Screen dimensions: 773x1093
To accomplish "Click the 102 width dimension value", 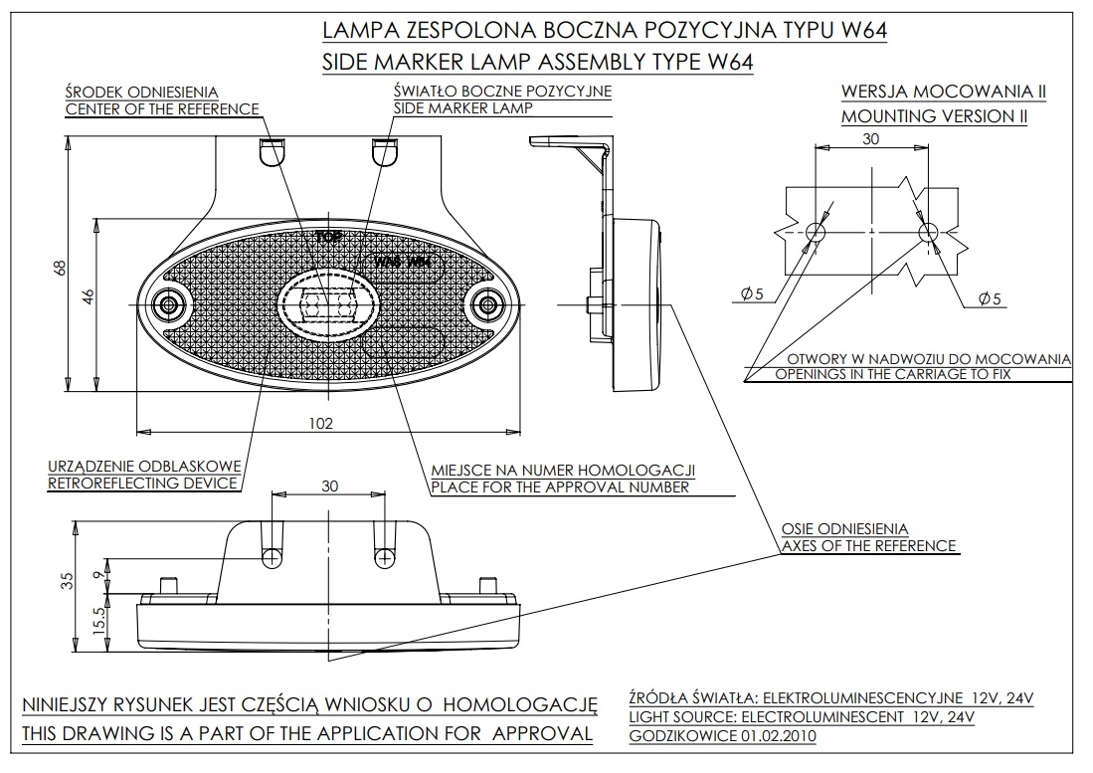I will (x=319, y=423).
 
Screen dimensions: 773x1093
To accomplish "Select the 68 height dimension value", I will (x=60, y=268).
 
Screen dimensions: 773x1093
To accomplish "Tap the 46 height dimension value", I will (x=87, y=296).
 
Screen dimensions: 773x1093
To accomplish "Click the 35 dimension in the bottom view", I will (x=68, y=581).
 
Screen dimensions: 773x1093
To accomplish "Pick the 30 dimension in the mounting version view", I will (x=870, y=139).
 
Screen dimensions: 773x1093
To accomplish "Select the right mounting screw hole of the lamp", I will (x=487, y=303).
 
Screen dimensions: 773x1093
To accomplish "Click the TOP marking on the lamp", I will (x=328, y=237).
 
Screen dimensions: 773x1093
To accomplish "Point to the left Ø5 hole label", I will (x=752, y=293).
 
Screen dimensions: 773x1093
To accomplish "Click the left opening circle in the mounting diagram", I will (x=816, y=232).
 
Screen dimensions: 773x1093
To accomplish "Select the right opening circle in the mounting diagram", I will (x=928, y=232).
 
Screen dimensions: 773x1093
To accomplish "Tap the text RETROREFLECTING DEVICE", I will (x=143, y=483).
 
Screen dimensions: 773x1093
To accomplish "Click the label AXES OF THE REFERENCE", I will (x=868, y=545).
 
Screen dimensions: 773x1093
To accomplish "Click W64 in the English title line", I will (x=726, y=62).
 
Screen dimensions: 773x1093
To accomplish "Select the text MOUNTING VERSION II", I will (x=934, y=115).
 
